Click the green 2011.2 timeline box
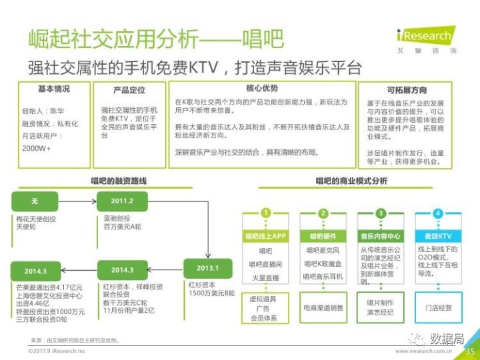(122, 201)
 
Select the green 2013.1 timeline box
(207, 268)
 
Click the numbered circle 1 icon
(265, 213)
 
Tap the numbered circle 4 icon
(438, 213)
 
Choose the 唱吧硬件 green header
(323, 236)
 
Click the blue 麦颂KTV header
(438, 236)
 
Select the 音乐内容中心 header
(381, 236)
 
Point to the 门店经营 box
(438, 307)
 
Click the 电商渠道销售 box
(323, 307)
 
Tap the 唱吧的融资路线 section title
(118, 181)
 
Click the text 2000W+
(37, 149)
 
